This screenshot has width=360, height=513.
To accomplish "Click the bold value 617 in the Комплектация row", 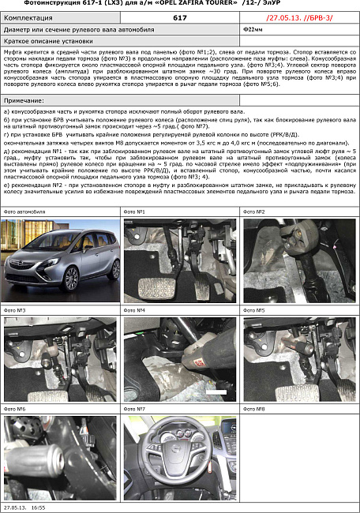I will [x=179, y=17].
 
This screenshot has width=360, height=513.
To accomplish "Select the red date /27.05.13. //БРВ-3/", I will [x=295, y=17].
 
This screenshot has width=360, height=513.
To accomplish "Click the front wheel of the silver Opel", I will [x=72, y=278].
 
